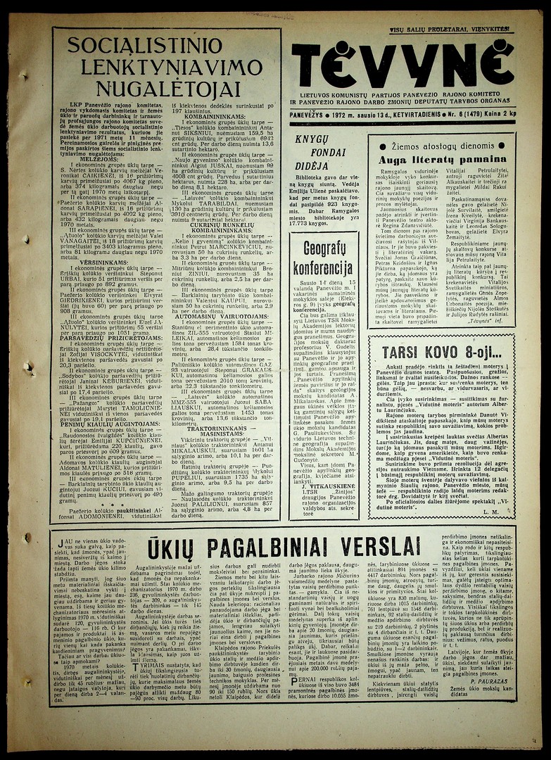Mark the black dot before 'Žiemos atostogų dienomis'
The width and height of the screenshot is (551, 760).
pyautogui.click(x=382, y=146)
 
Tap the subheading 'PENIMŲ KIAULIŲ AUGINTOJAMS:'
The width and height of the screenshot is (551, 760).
pyautogui.click(x=104, y=424)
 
